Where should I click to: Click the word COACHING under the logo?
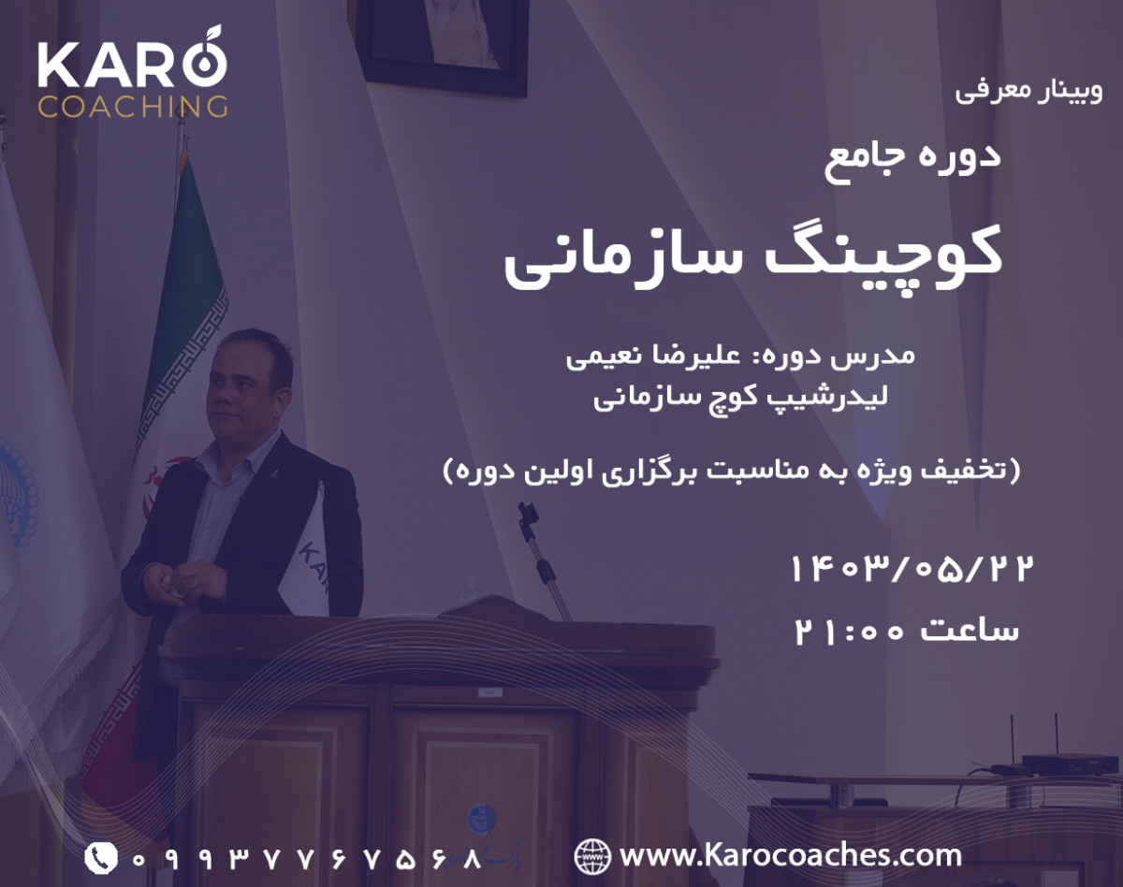(132, 106)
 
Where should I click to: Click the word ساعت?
(970, 631)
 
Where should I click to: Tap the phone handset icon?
(101, 857)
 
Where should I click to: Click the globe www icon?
(591, 855)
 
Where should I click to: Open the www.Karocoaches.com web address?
(791, 855)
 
